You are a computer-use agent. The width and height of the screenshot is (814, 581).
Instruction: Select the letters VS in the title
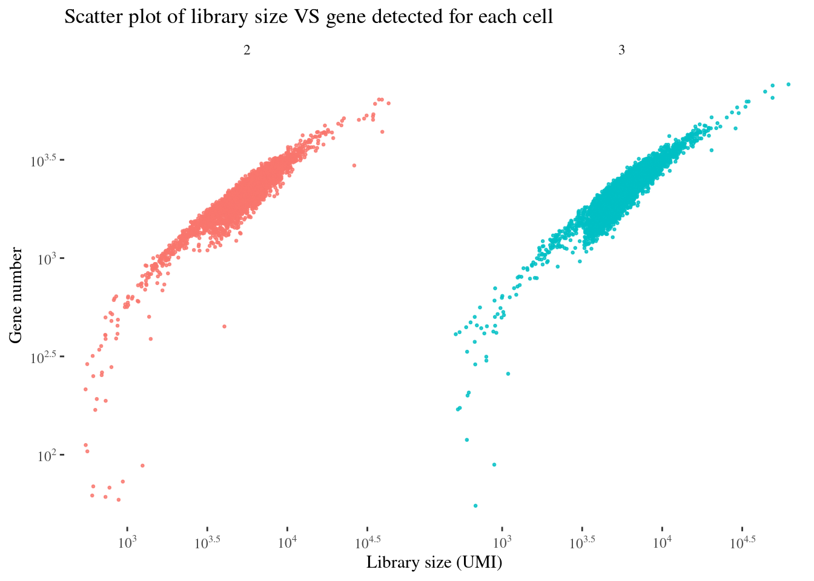click(x=306, y=17)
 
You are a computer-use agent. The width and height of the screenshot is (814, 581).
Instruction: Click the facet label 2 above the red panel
click(x=247, y=51)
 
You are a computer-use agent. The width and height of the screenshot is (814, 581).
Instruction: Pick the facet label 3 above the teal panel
click(x=621, y=51)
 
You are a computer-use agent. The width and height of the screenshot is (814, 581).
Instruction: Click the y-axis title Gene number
click(x=16, y=295)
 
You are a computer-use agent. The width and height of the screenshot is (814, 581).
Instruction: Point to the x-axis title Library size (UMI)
click(x=434, y=563)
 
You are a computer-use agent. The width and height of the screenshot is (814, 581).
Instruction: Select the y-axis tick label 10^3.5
click(x=44, y=160)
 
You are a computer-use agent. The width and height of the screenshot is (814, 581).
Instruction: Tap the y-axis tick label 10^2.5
click(x=44, y=356)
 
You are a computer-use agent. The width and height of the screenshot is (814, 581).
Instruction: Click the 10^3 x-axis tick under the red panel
click(x=127, y=542)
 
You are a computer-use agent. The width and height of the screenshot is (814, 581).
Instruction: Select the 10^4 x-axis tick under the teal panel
click(x=662, y=542)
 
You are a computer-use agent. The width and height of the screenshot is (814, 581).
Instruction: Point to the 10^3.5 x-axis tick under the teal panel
click(x=582, y=542)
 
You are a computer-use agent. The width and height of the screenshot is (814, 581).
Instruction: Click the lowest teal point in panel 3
click(x=475, y=505)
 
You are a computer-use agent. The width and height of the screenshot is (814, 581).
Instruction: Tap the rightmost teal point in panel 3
click(x=789, y=84)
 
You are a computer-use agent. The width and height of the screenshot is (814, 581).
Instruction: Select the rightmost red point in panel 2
click(x=388, y=103)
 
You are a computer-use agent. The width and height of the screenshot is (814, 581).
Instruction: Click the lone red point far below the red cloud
click(x=224, y=326)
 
